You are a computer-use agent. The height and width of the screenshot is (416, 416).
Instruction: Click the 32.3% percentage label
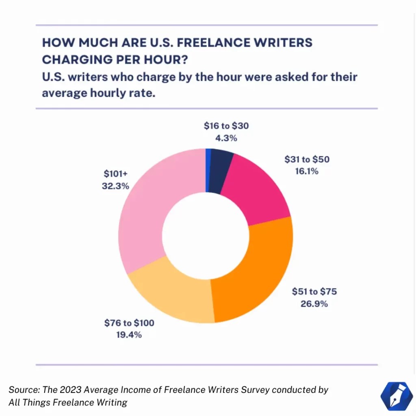(x=115, y=186)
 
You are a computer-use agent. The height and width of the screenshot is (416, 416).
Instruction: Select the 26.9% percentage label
(x=314, y=303)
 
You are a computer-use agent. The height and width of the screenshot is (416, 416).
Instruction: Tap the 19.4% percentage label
(x=129, y=335)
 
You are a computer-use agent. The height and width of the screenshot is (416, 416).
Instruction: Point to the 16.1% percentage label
(x=307, y=171)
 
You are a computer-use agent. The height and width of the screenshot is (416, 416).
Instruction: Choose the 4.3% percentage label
(x=226, y=138)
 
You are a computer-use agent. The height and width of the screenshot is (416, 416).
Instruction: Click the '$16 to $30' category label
(x=226, y=126)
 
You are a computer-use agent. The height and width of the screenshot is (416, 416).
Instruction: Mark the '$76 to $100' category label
(x=129, y=323)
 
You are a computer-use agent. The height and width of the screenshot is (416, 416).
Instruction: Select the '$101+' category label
(x=115, y=175)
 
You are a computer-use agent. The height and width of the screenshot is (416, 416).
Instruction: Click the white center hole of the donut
(x=206, y=236)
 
